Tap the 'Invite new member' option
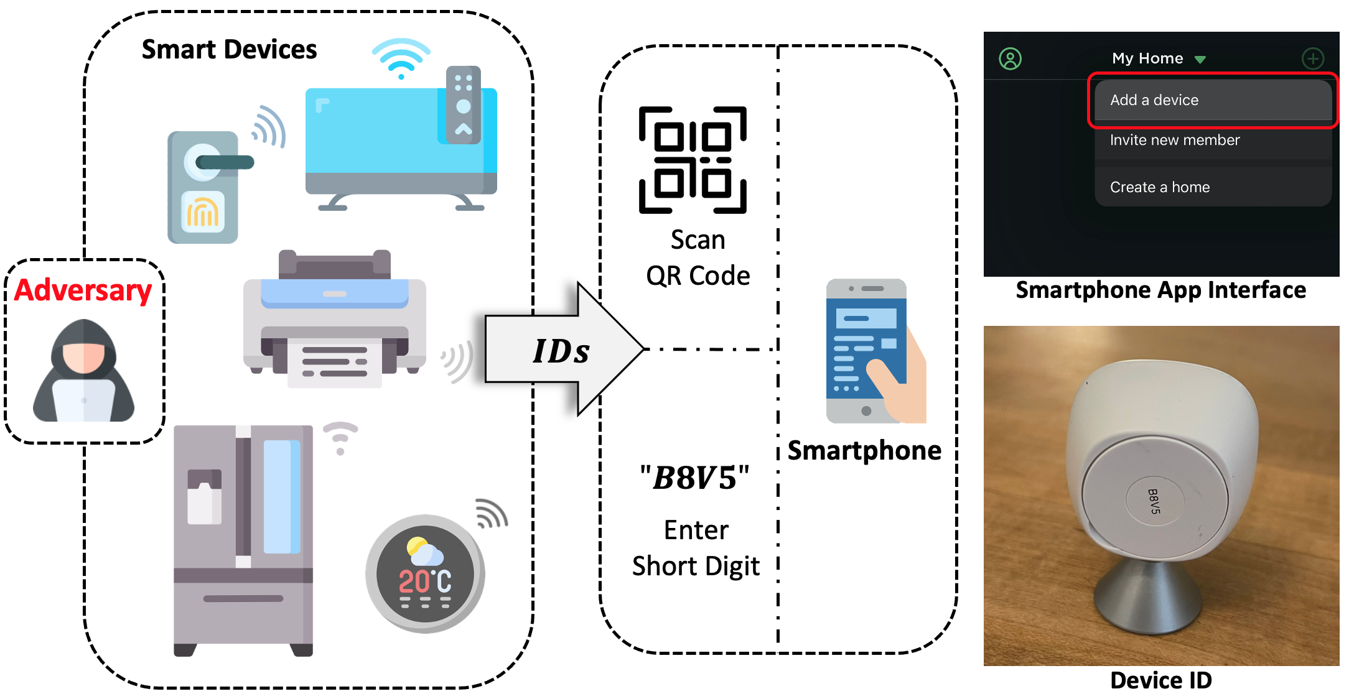point(1175,140)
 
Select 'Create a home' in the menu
point(1160,187)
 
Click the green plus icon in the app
point(1312,58)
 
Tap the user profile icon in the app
point(1010,59)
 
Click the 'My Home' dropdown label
point(1148,58)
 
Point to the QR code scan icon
point(693,160)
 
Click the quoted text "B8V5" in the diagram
point(695,478)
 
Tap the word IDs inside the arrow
point(561,351)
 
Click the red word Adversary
point(83,290)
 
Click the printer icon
point(334,320)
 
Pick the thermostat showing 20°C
point(426,573)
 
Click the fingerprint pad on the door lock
point(203,211)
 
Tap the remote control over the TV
point(463,104)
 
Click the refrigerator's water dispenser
point(204,498)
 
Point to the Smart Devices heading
point(229,50)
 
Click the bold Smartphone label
point(864,450)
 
